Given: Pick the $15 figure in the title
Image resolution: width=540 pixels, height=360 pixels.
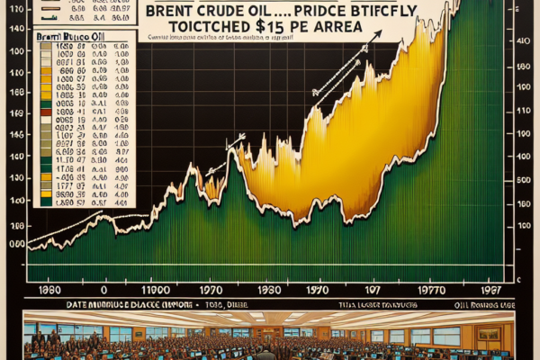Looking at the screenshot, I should point(270,29).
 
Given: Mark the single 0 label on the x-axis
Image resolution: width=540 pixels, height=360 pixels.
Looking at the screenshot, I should point(104,291).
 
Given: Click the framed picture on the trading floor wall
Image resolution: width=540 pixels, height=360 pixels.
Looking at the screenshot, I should point(488,333).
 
